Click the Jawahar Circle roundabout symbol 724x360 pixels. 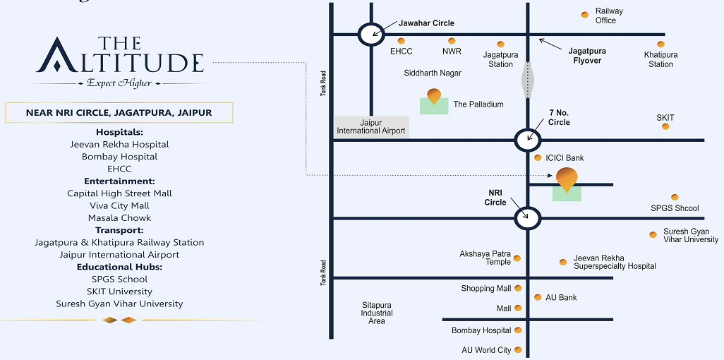click(371, 34)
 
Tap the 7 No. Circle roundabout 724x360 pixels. click(527, 140)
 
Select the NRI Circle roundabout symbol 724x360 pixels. click(527, 218)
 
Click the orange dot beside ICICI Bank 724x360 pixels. click(538, 158)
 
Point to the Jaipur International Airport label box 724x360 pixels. click(371, 126)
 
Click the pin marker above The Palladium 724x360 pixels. click(434, 96)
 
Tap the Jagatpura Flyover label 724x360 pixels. click(586, 56)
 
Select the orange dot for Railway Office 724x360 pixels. click(584, 15)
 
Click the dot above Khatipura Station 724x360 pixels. click(660, 44)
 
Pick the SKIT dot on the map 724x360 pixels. click(664, 128)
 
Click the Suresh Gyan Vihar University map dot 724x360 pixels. click(653, 235)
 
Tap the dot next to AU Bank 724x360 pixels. click(538, 297)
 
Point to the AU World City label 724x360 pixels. click(486, 350)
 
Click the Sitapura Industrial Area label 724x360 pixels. click(377, 313)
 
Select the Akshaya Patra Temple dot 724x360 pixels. click(517, 258)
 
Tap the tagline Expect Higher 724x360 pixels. click(119, 83)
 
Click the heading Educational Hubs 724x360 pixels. click(119, 267)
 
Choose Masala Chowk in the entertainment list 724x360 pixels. click(119, 217)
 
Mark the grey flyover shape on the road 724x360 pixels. click(527, 79)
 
